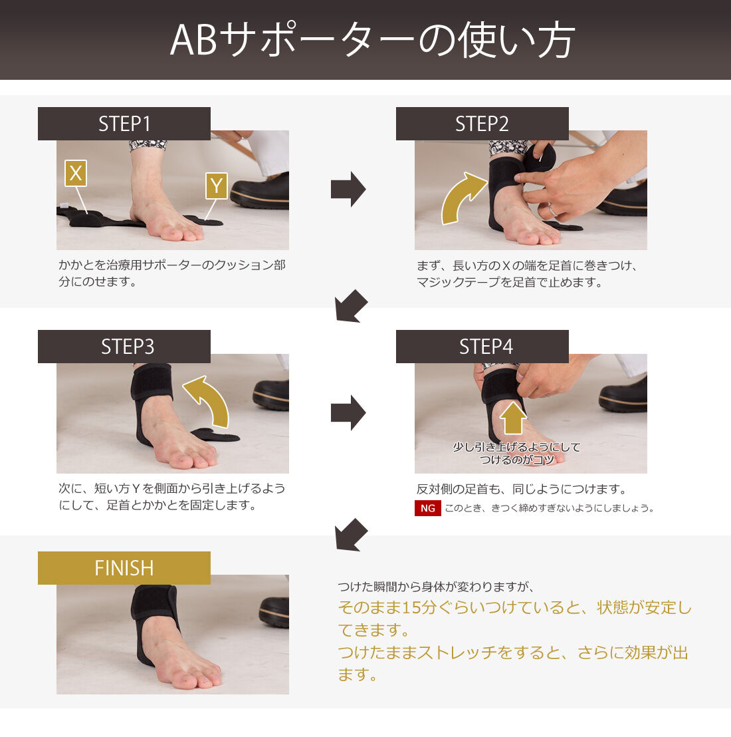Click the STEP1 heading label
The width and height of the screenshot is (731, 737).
pos(124,124)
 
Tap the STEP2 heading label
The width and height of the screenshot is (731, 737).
pos(482,124)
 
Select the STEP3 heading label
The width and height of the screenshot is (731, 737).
pos(124,347)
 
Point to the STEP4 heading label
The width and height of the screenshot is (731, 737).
pos(482,347)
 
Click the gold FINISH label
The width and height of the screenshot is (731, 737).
pos(124,568)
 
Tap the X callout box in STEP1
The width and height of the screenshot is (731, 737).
pos(76,173)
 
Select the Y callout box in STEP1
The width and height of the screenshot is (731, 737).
pos(217,186)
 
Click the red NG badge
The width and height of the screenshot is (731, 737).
pos(428,508)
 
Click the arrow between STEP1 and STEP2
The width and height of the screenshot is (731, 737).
pos(348,189)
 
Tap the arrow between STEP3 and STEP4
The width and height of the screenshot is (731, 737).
pos(348,412)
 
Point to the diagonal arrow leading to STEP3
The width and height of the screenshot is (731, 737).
pos(351,307)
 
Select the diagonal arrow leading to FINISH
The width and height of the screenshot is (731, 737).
pos(351,535)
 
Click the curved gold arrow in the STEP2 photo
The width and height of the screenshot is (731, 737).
pos(458,195)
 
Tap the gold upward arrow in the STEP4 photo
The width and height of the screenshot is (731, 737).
pos(512,418)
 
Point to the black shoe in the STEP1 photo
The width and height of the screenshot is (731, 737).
pos(261,192)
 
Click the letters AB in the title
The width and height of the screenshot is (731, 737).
pos(193,41)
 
